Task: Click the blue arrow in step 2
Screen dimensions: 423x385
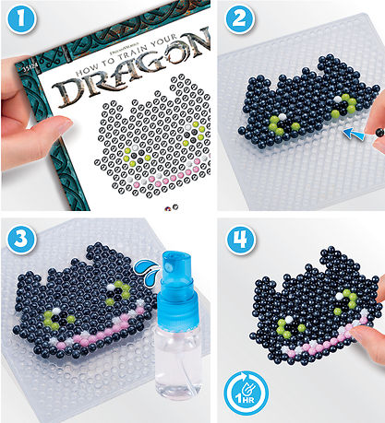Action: coord(353,136)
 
